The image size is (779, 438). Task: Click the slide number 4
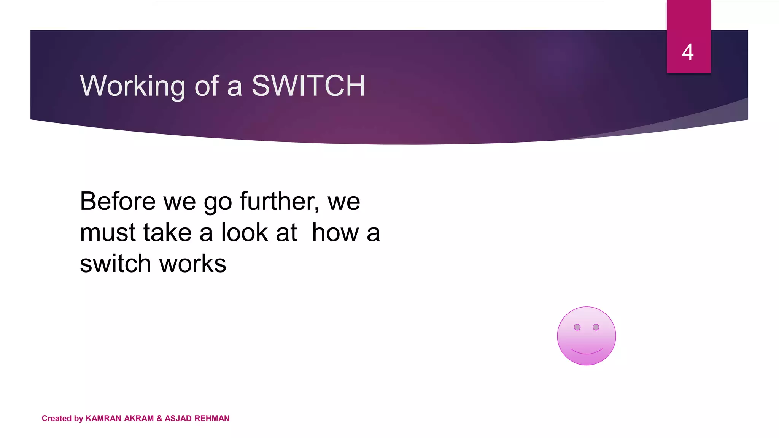(688, 52)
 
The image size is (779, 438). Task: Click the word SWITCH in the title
(308, 86)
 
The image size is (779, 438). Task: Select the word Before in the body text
(118, 201)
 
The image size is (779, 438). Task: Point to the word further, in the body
(280, 201)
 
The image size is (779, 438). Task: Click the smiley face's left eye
(577, 327)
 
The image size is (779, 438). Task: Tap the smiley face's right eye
(596, 327)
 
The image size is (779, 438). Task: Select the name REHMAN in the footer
(212, 419)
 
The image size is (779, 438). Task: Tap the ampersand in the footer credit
(159, 419)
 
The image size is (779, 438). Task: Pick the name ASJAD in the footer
(178, 419)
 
